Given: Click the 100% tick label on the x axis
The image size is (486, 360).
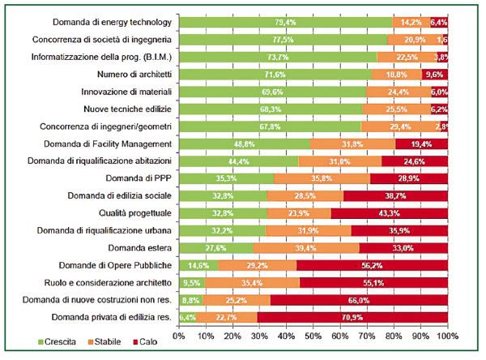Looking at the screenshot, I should coord(446,333).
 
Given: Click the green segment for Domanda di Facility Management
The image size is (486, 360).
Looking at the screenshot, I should coord(244,143).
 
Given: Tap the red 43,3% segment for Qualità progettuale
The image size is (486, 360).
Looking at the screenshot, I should coord(389,212).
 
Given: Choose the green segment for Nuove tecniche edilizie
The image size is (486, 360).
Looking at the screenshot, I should coord(271,109).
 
